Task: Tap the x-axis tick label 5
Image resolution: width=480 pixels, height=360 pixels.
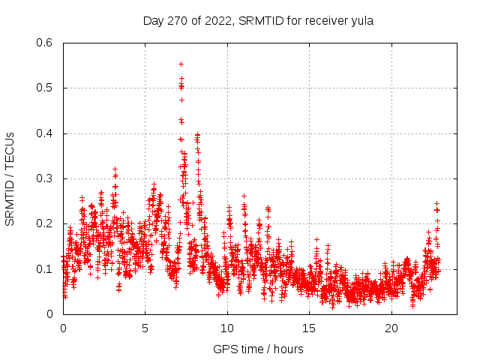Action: (145, 328)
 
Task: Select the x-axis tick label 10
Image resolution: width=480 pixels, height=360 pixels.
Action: (227, 328)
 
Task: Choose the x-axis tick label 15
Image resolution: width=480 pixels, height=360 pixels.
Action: (309, 328)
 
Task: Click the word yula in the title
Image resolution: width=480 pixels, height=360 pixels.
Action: (363, 20)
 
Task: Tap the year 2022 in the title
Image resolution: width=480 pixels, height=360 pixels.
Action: (217, 20)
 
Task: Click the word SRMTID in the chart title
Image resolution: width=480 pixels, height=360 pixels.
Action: (261, 20)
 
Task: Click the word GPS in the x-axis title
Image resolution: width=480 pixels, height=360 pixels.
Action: (224, 349)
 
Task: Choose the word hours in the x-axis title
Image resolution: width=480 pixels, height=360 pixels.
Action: (289, 349)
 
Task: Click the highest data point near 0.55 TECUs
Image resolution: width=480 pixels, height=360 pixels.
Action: (181, 64)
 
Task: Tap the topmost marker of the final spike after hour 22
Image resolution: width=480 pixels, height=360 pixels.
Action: (436, 202)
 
